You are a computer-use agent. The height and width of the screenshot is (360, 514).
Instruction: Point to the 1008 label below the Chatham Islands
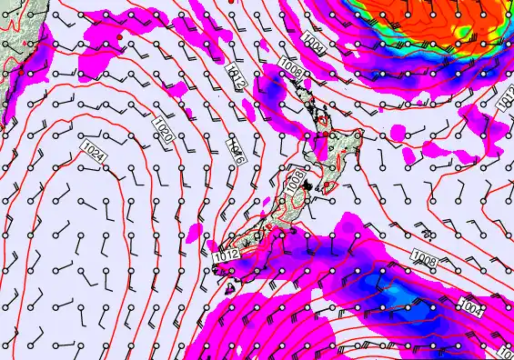pos(425,258)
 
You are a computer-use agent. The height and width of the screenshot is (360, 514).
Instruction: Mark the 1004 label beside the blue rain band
pos(472,305)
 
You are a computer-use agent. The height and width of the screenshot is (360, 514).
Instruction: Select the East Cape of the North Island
pos(363,135)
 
